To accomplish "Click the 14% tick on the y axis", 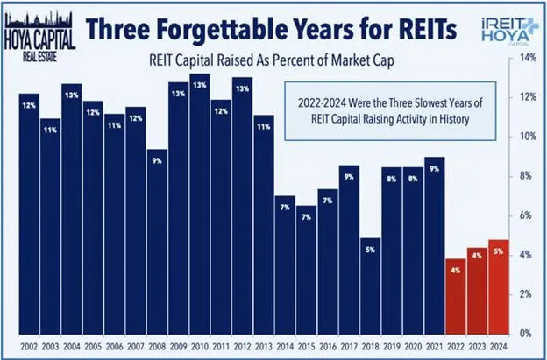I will coord(528,58).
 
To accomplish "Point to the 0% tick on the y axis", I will coord(528,334).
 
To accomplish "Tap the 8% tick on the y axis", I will coord(528,176).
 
